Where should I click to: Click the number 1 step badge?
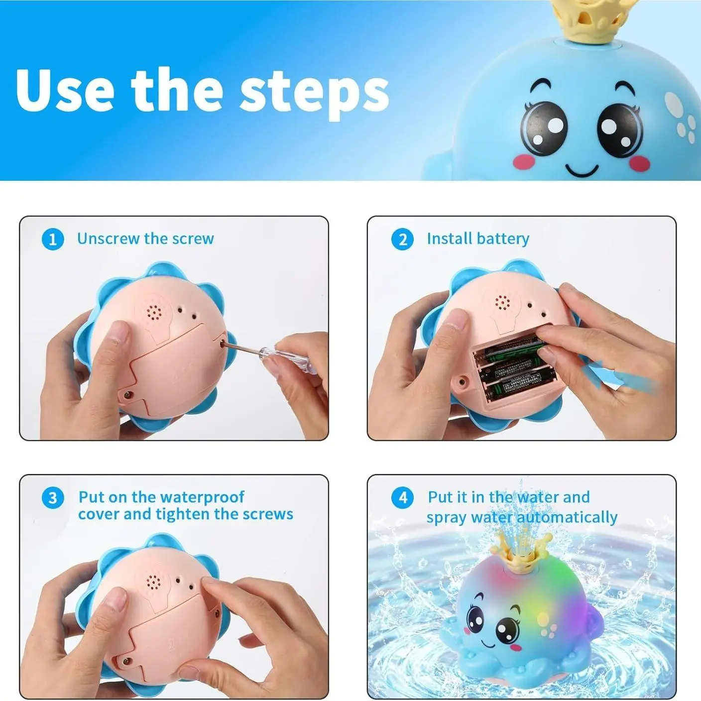tap(53, 240)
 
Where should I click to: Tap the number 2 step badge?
tap(402, 240)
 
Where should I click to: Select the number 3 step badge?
tap(53, 498)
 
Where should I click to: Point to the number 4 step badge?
tap(402, 498)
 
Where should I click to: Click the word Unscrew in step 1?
tap(109, 238)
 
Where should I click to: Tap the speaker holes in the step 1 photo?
tap(154, 312)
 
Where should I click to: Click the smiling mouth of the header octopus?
tap(583, 169)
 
